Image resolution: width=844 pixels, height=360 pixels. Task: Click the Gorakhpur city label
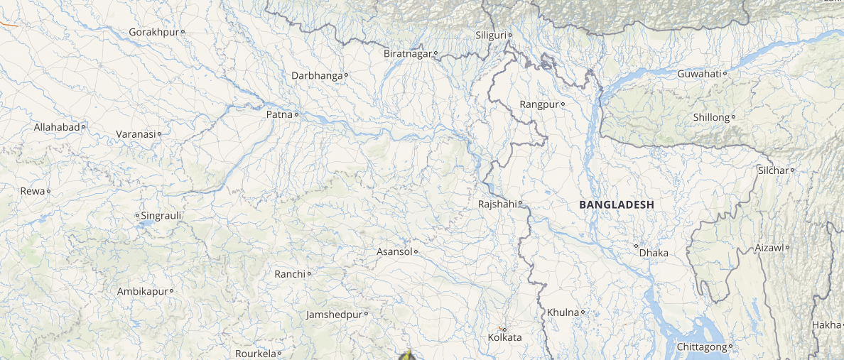click(x=153, y=32)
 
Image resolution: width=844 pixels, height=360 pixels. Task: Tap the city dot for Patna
click(x=296, y=114)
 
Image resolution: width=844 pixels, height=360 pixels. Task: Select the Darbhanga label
click(x=317, y=75)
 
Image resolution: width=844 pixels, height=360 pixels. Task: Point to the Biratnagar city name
click(x=408, y=54)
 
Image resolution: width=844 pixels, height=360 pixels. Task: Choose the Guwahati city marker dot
click(x=725, y=74)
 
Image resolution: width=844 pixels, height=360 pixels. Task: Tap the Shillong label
click(x=711, y=117)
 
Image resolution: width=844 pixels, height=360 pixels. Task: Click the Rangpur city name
click(x=539, y=104)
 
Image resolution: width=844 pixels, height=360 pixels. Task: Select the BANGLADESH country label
click(x=616, y=204)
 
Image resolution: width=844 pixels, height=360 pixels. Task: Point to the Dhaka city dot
click(x=637, y=246)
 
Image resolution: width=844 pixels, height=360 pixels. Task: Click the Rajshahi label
click(x=497, y=204)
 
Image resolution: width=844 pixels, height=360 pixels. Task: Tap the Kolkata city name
click(x=504, y=337)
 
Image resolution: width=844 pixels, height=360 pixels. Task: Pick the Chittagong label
click(x=701, y=347)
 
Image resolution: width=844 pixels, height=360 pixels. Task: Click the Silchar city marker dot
click(x=792, y=170)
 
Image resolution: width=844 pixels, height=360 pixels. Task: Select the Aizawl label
click(x=768, y=248)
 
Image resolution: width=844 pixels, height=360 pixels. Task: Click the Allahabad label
click(x=57, y=127)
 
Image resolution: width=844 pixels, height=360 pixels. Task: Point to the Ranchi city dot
click(x=309, y=274)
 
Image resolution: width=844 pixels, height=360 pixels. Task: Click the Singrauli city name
click(x=161, y=215)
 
